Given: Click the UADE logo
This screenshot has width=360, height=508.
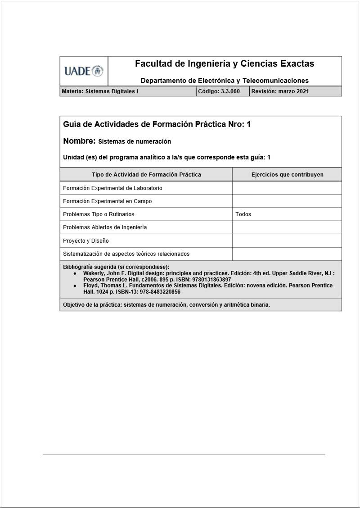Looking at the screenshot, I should [84, 71].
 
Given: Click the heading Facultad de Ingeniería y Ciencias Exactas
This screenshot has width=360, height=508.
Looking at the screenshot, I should [225, 64].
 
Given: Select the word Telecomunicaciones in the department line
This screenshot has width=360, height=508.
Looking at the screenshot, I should [275, 81].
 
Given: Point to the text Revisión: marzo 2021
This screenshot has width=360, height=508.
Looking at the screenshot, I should [280, 91].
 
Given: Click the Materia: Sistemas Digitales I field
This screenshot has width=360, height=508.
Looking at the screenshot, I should [100, 91].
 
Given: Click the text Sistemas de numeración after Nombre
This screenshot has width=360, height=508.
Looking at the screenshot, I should [135, 141].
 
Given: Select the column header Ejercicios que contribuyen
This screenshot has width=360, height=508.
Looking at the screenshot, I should [287, 175].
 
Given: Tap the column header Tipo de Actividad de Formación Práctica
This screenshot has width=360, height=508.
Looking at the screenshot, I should [146, 175].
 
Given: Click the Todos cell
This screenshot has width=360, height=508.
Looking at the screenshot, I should [243, 214].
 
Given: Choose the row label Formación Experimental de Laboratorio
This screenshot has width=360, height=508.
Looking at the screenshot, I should [112, 188].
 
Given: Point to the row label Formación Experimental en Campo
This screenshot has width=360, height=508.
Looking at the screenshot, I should [107, 201].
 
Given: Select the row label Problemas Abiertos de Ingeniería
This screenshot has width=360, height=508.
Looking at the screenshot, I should [105, 227].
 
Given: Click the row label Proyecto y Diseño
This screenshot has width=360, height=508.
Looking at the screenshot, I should [85, 241].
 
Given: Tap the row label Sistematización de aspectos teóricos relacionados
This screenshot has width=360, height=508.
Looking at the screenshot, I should [126, 254].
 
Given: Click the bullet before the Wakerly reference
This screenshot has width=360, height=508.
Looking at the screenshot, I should [75, 273].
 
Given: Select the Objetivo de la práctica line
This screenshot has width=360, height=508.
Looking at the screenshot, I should [166, 305].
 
